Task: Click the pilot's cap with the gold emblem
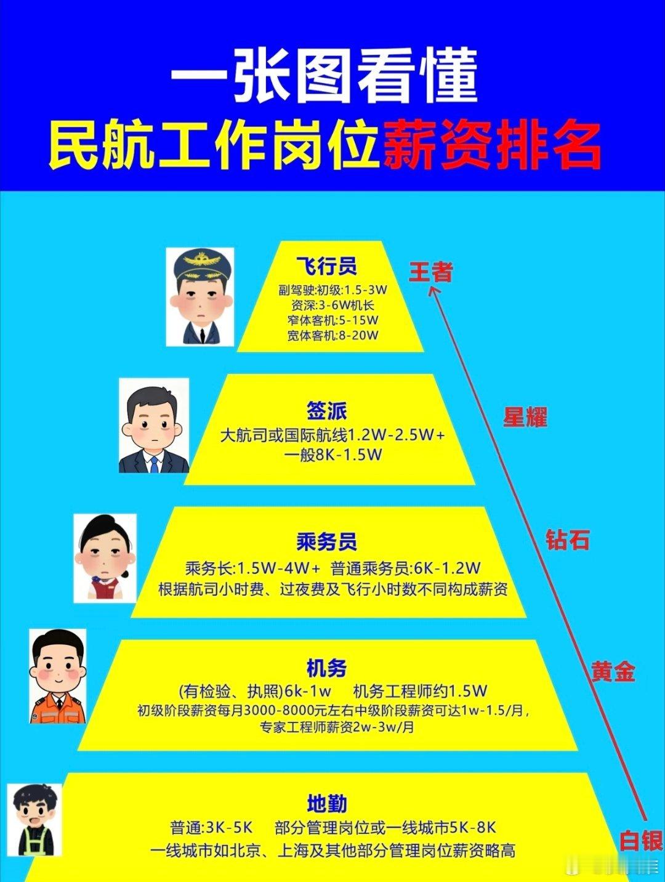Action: pos(202,267)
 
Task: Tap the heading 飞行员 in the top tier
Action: pos(326,266)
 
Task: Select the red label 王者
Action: pos(431,272)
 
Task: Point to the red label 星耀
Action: pos(525,418)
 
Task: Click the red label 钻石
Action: pos(567,540)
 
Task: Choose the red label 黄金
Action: pos(613,671)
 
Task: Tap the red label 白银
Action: pos(640,841)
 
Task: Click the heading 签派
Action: pos(327,411)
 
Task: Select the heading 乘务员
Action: pos(326,542)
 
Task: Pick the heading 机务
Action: pos(327,668)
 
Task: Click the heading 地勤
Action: pos(327,804)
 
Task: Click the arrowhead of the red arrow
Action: pos(433,291)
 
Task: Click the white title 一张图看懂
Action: pos(324,76)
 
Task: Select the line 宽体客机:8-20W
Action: pos(332,336)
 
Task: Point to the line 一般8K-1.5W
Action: pos(333,455)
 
